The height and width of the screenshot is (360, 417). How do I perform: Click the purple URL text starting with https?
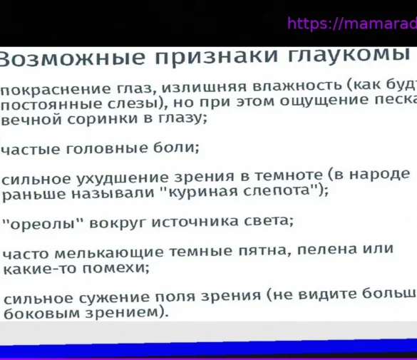[x=351, y=24]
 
